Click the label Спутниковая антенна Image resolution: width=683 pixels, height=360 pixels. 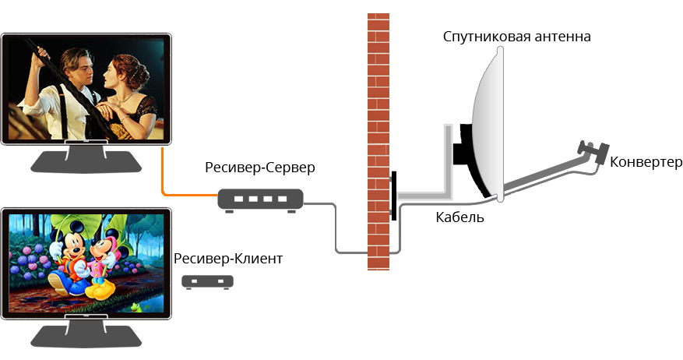pos(516,37)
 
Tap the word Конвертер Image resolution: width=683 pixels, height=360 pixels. pos(646,162)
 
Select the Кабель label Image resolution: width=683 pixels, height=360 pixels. pos(460,217)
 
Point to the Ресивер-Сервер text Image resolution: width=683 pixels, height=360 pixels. pos(260,168)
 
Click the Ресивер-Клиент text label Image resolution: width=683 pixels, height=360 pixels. pos(228,258)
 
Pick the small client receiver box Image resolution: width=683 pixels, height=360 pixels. pos(208,281)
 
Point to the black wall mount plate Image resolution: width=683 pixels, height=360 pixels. pos(393,195)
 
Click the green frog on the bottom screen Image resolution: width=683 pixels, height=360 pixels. pos(139,306)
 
